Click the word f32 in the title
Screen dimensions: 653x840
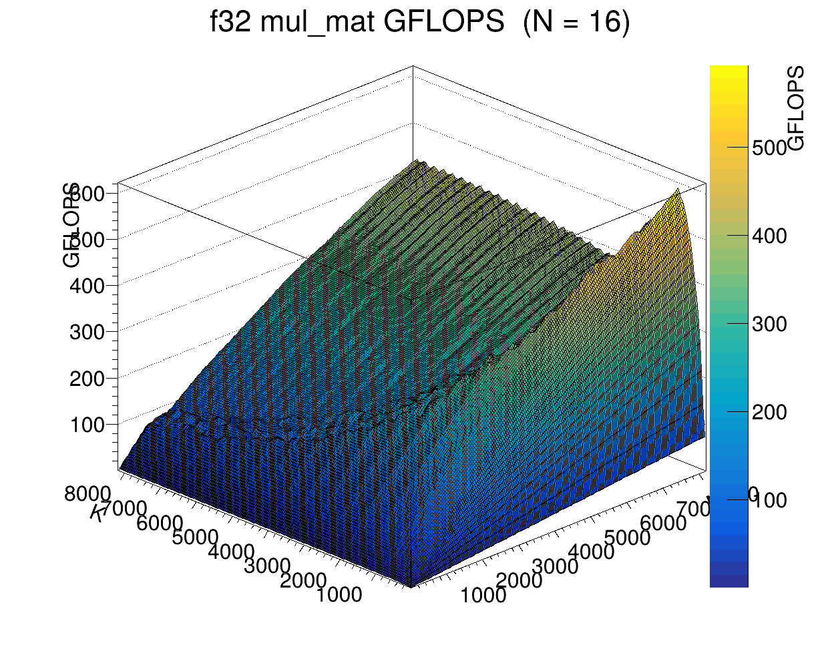(x=231, y=23)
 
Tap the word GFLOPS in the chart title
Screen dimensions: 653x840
(x=443, y=23)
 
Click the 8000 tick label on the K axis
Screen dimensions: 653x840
(x=87, y=495)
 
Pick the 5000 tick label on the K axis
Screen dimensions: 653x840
(x=195, y=537)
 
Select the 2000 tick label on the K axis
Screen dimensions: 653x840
(x=302, y=581)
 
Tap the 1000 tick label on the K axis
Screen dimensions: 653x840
(x=339, y=595)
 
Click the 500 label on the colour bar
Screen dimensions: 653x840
(x=769, y=148)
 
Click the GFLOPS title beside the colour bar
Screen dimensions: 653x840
(x=796, y=108)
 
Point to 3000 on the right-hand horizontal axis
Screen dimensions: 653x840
(x=556, y=567)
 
